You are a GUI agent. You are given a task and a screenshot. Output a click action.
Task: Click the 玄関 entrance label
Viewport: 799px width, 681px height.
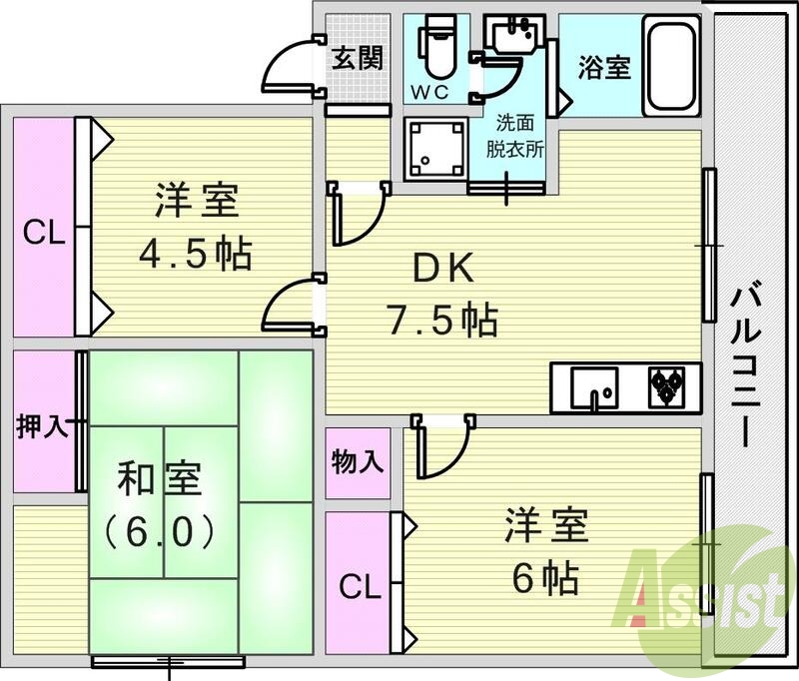click(357, 59)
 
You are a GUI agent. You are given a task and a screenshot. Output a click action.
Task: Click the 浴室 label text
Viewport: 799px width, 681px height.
click(604, 69)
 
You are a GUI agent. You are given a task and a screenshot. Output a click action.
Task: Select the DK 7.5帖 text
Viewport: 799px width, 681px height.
click(442, 294)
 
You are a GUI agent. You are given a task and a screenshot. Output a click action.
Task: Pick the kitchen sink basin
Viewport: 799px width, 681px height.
click(593, 387)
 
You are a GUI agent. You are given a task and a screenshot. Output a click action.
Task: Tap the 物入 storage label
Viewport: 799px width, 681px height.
click(357, 462)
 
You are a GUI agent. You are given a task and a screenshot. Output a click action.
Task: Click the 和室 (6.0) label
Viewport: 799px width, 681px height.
click(161, 505)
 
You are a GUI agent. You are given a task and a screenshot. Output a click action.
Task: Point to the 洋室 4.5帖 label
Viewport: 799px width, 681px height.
click(196, 227)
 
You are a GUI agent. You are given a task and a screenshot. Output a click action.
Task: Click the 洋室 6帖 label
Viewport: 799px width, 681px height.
click(545, 548)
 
